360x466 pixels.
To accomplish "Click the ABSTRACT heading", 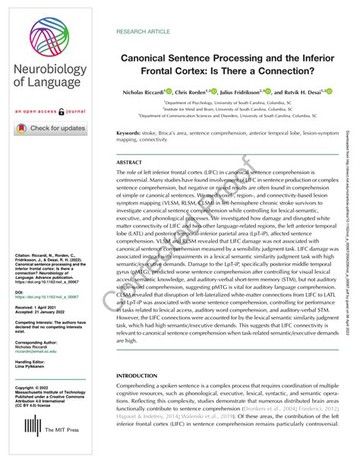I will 130,163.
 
